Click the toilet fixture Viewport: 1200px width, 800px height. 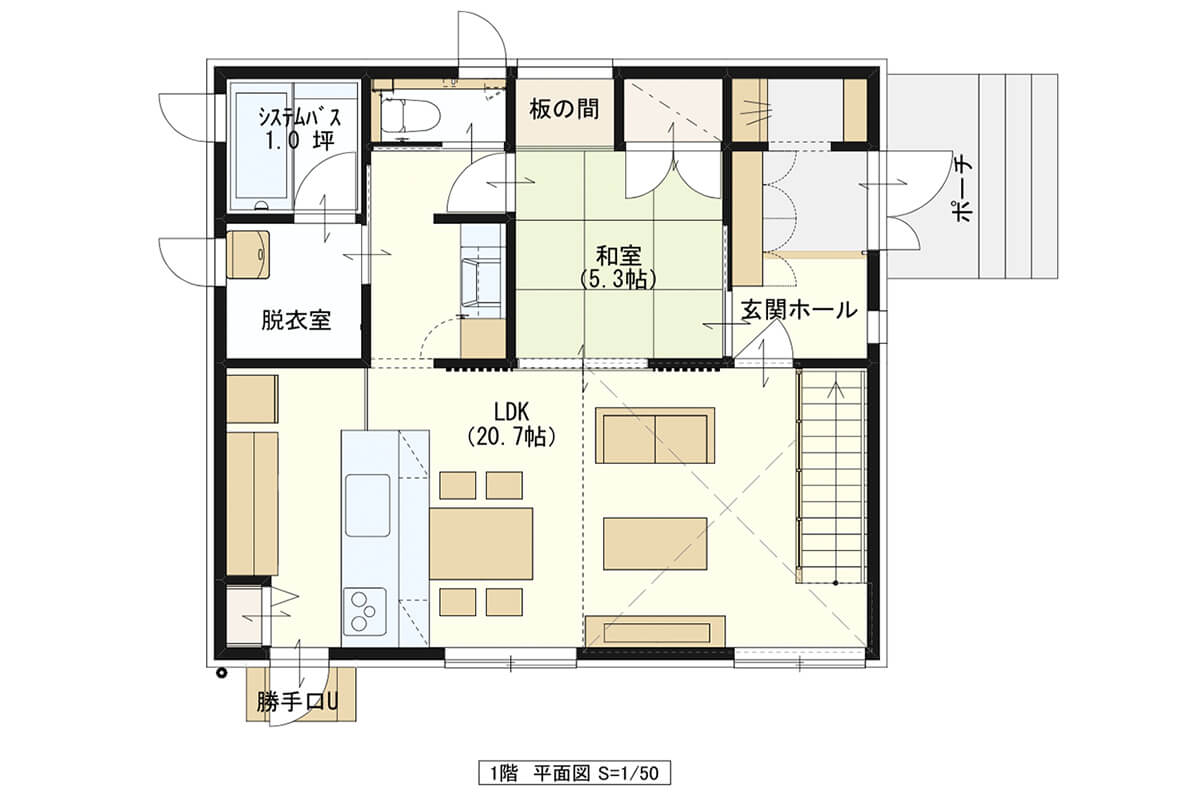410,115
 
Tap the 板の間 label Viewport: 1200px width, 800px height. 564,110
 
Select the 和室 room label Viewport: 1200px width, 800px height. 619,256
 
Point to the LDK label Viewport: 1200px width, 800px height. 512,412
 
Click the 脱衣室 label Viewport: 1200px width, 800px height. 296,320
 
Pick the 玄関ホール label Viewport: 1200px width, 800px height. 799,310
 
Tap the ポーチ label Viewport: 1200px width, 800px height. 963,191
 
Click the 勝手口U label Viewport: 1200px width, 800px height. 297,701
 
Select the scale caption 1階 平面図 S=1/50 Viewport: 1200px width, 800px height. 574,773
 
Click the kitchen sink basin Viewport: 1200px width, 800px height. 368,505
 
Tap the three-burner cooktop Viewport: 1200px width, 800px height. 365,611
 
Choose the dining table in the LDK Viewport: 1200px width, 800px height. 481,544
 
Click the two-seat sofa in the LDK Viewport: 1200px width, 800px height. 655,436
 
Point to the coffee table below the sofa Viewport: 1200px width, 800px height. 655,543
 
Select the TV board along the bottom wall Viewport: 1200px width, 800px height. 655,632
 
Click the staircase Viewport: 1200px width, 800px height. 831,476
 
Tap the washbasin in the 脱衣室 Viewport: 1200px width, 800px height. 248,255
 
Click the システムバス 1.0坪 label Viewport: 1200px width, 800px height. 300,129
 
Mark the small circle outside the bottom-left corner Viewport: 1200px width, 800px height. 221,672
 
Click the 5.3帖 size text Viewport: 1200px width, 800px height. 619,279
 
